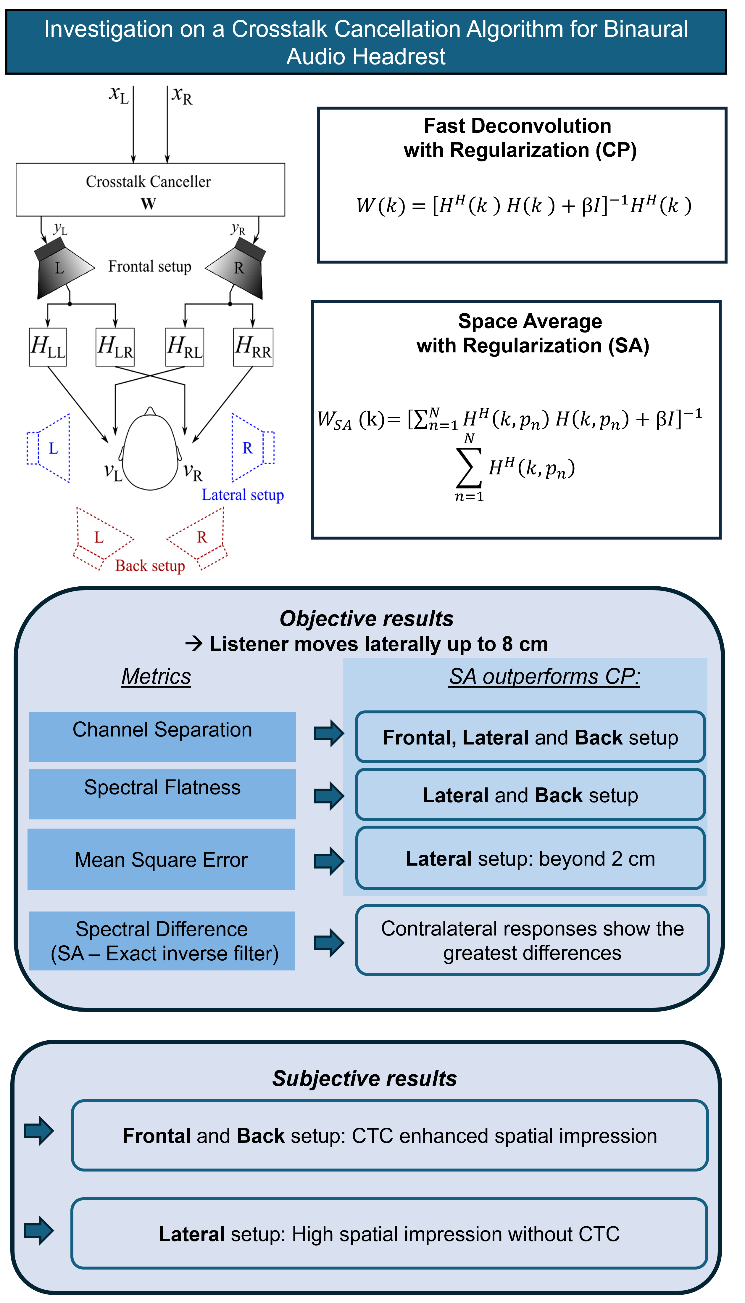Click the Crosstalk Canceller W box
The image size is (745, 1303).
pyautogui.click(x=150, y=190)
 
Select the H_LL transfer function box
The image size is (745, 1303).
pyautogui.click(x=48, y=347)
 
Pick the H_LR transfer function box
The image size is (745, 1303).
pyautogui.click(x=115, y=347)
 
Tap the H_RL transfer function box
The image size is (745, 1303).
pyautogui.click(x=185, y=347)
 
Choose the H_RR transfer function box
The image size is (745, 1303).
pyautogui.click(x=253, y=347)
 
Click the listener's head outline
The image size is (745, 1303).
pyautogui.click(x=150, y=450)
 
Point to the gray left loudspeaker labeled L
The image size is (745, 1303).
pyautogui.click(x=60, y=269)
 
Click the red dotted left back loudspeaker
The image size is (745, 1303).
pyautogui.click(x=100, y=537)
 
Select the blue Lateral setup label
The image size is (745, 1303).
pyautogui.click(x=243, y=495)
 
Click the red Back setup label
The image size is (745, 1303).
pyautogui.click(x=150, y=566)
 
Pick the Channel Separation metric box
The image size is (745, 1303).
pyautogui.click(x=162, y=736)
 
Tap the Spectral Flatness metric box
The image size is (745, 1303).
pyautogui.click(x=162, y=794)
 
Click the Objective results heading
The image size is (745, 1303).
pyautogui.click(x=366, y=618)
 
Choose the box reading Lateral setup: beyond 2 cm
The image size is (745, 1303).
pyautogui.click(x=530, y=858)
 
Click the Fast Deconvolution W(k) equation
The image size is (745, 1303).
pyautogui.click(x=523, y=206)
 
